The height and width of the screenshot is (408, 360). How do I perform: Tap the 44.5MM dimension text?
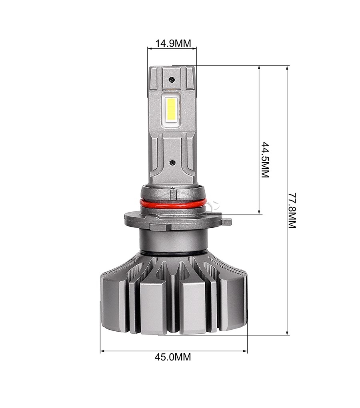[264, 159]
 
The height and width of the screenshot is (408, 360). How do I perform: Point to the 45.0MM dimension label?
[173, 357]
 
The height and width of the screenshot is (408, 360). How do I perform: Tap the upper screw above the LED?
[172, 80]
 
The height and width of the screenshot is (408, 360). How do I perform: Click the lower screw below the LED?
[172, 162]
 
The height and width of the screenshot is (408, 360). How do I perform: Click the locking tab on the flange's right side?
[226, 221]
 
